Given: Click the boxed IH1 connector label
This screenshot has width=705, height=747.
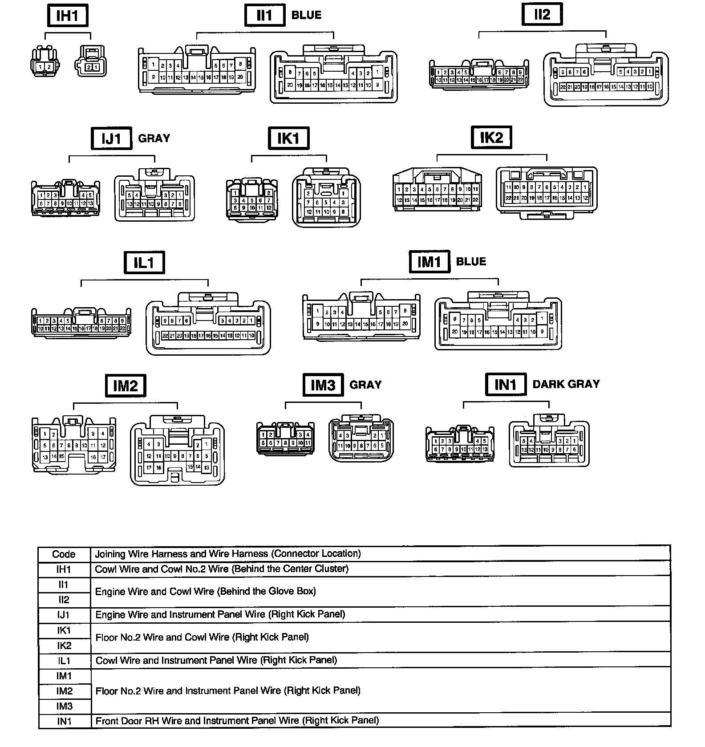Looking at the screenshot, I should point(67,16).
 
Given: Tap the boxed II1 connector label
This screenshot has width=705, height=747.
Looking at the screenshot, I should point(264,16).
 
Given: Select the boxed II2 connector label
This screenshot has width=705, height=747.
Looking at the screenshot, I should point(542,15).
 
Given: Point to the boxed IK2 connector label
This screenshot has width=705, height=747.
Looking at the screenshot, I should point(491,138).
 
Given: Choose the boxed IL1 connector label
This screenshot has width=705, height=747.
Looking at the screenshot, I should point(144,263).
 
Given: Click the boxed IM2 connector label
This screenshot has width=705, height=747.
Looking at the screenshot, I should point(126,386).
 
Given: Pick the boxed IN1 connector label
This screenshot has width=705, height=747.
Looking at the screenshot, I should point(506,384).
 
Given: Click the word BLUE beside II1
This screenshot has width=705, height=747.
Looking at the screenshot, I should point(306,15).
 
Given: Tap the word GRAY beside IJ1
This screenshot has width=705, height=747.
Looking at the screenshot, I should point(154,138).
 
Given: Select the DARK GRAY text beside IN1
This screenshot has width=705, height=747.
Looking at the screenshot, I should point(566,384).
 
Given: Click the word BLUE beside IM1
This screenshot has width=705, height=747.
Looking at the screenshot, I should point(471,261).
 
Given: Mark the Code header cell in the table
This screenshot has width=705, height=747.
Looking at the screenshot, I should point(64,554).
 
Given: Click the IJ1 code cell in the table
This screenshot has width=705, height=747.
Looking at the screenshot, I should point(64,615).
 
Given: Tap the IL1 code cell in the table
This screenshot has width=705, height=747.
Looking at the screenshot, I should point(64,661).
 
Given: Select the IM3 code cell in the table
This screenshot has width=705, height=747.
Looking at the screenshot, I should point(64,706).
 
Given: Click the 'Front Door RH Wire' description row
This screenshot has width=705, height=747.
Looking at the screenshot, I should point(237,720).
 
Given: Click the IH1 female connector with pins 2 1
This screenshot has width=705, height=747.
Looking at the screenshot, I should point(91,62).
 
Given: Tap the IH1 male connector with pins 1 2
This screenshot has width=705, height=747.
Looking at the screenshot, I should point(45,63).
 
